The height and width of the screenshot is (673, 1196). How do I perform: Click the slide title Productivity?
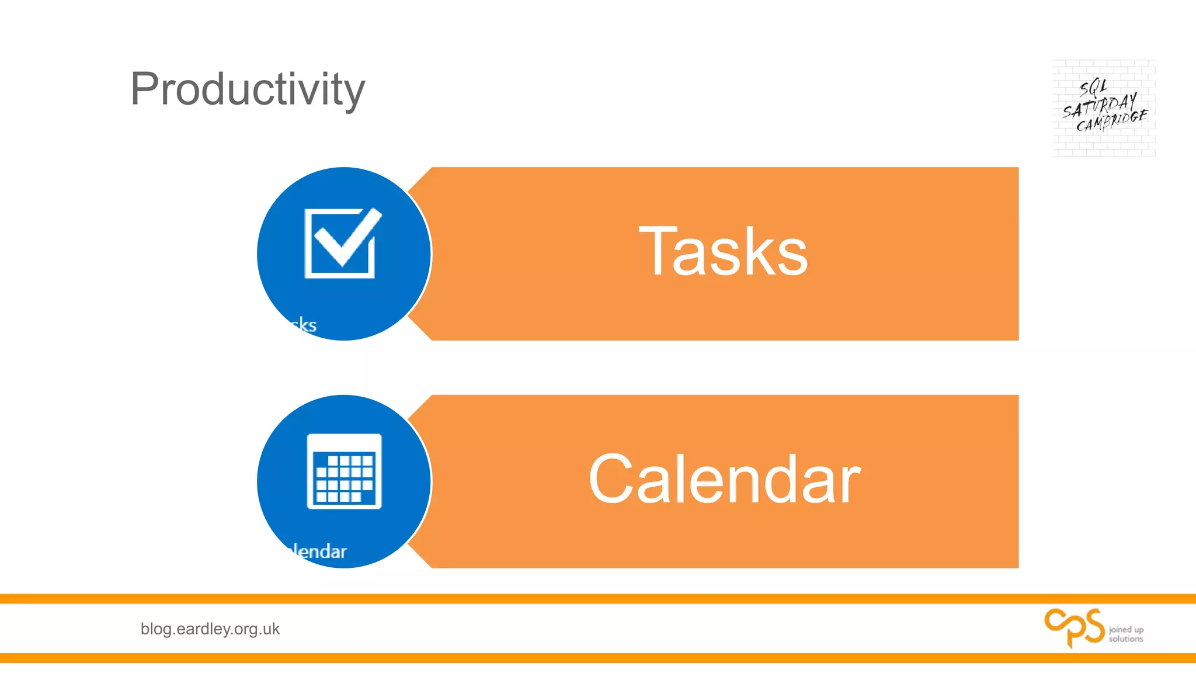click(x=248, y=89)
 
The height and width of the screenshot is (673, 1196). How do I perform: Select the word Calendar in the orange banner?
click(x=724, y=479)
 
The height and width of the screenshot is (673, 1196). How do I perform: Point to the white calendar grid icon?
click(x=344, y=471)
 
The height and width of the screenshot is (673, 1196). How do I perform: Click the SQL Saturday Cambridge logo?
click(x=1104, y=107)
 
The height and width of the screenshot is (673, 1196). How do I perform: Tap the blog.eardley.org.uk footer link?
click(x=210, y=629)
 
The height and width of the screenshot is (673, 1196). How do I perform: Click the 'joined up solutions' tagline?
click(x=1126, y=634)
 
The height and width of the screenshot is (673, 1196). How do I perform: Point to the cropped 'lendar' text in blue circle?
click(x=319, y=551)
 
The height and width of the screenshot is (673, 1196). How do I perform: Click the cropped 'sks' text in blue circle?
click(x=304, y=325)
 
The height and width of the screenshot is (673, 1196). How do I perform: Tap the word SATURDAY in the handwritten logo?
click(x=1099, y=106)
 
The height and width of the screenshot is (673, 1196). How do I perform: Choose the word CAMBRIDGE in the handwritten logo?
click(x=1112, y=121)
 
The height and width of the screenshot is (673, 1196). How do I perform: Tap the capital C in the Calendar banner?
click(x=610, y=479)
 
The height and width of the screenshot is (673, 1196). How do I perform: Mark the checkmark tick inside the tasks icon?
click(x=348, y=237)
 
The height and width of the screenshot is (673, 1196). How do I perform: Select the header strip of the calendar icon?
click(x=344, y=443)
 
